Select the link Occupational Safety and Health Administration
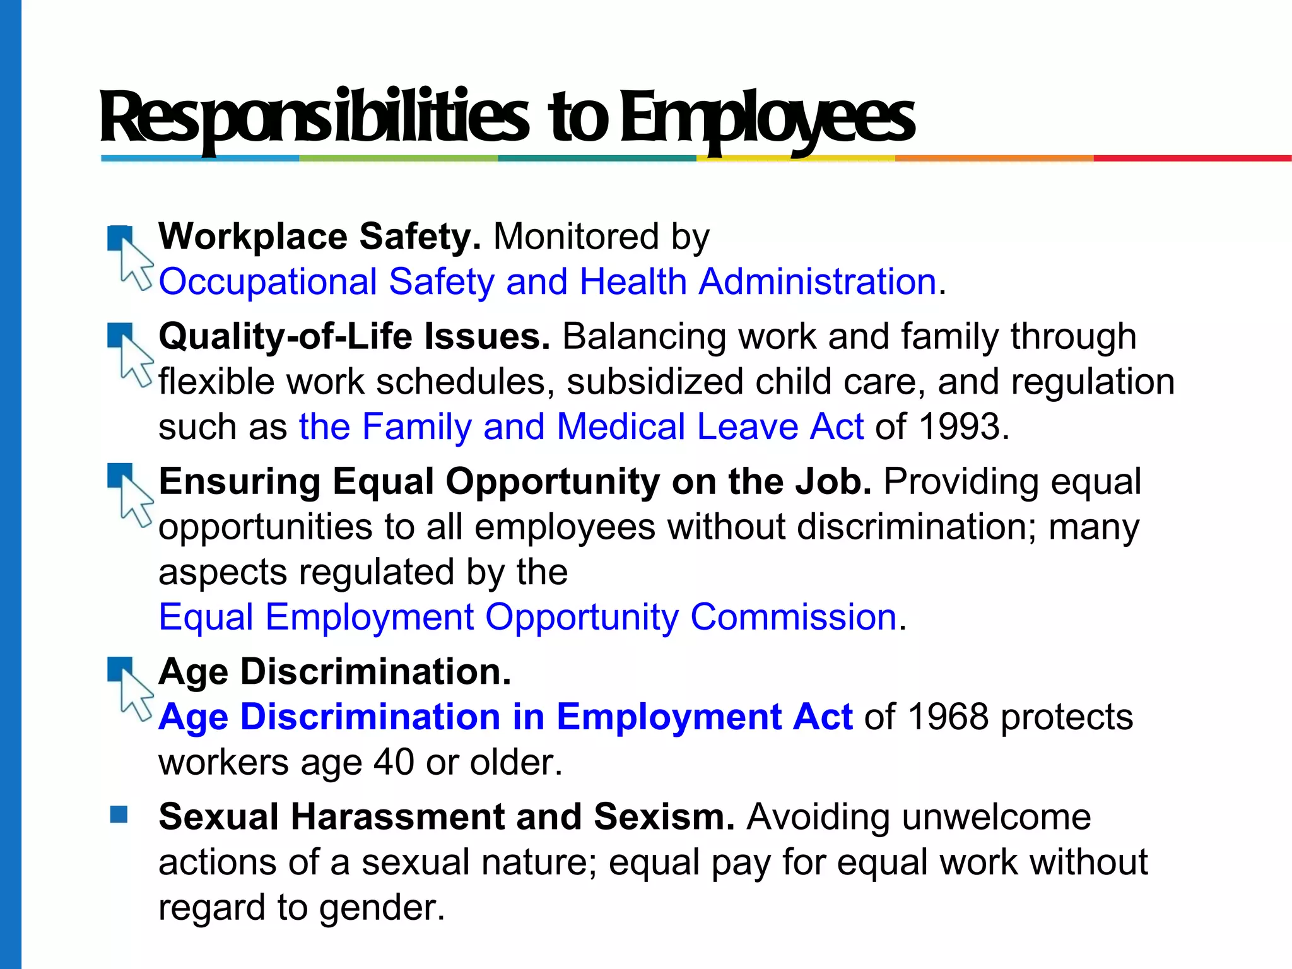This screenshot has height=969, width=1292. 547,281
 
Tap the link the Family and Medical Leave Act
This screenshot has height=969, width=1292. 581,426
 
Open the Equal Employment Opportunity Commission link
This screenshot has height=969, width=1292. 527,617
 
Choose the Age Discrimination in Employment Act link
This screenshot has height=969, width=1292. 505,717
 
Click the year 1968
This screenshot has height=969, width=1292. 948,717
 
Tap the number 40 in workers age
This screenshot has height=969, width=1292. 394,762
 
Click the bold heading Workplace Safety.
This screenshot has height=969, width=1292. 319,237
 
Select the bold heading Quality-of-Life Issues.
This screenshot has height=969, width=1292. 354,336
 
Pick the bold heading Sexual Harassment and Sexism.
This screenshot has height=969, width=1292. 446,817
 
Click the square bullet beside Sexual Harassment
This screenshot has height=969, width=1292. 119,814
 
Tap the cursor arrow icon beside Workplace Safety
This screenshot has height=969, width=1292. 134,264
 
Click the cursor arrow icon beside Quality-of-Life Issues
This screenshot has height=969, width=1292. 134,360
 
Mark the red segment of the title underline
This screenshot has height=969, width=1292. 1192,158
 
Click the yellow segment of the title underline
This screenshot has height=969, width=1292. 796,158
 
